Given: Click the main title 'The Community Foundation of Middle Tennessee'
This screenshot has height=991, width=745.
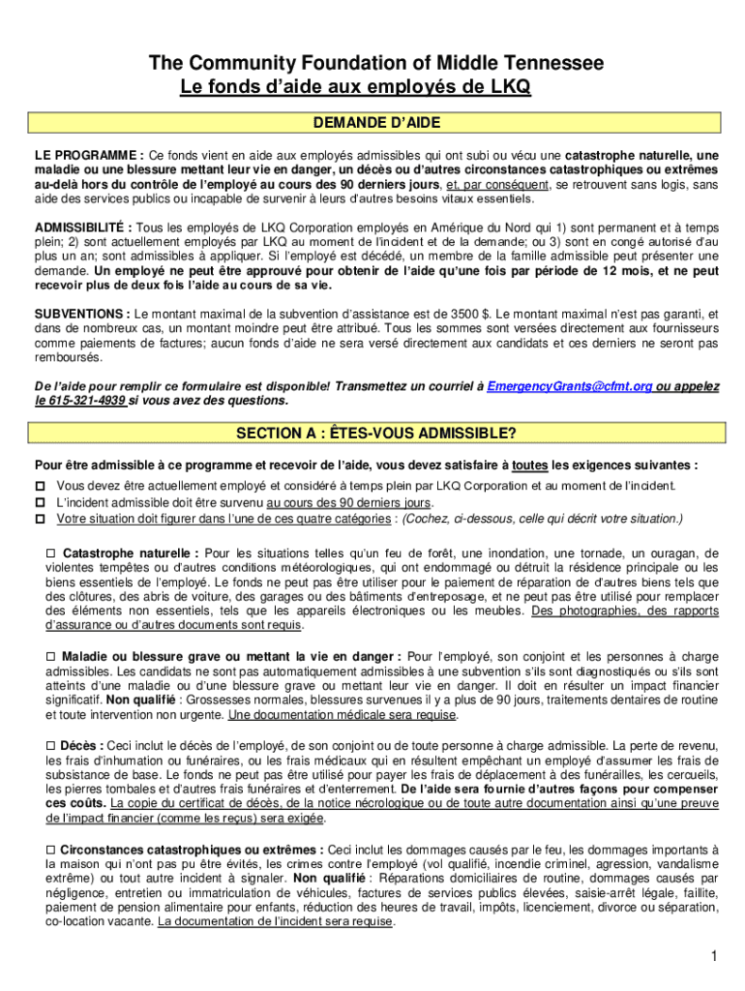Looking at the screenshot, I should [375, 64].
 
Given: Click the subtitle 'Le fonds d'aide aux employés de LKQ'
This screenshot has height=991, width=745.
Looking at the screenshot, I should [356, 88].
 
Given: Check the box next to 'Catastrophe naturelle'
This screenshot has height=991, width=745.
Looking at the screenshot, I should [51, 554].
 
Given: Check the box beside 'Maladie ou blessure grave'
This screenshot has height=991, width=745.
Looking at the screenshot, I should [51, 656].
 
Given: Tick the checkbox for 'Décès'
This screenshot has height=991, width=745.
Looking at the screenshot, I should [51, 745].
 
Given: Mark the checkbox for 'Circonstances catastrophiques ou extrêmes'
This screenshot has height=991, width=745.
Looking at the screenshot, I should [51, 849].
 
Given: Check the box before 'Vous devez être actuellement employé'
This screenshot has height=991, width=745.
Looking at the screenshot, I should [41, 485].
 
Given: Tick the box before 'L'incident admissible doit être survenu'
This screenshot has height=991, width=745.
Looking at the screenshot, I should [41, 501].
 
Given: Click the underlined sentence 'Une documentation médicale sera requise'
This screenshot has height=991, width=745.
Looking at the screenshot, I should [342, 715].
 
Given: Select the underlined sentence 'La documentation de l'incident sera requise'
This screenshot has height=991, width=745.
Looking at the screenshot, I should [276, 921].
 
